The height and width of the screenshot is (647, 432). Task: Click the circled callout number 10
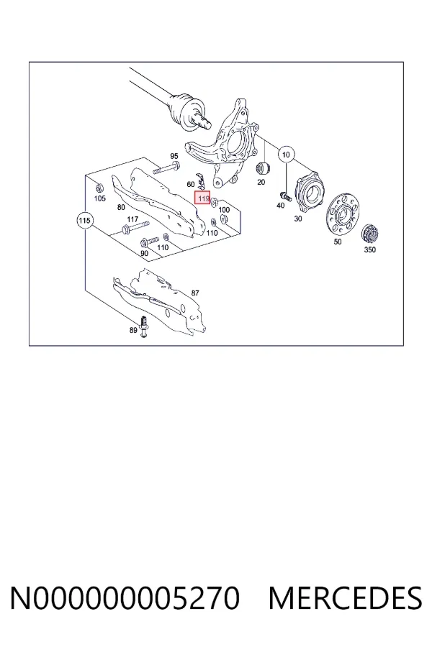coord(286,155)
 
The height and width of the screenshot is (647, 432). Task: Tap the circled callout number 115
coord(84,221)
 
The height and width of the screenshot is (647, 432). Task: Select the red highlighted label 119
coord(203,198)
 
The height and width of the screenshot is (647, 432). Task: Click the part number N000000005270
coord(125,597)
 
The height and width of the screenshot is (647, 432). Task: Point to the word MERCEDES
coord(345,597)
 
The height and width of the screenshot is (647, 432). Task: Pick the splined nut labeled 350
coord(370,234)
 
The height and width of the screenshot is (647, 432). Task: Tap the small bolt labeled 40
coord(285,196)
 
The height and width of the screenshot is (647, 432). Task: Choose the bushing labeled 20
coord(263,168)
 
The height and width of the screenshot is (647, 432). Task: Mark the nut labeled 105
coord(99,188)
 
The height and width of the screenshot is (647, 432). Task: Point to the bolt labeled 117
coord(135,227)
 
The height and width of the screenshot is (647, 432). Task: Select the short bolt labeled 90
coord(150,241)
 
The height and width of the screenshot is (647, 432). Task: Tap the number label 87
coord(195,293)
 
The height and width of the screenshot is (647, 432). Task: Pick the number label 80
coord(121,207)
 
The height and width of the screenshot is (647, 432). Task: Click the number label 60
coord(191,185)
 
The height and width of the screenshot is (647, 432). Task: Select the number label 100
coord(224,210)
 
